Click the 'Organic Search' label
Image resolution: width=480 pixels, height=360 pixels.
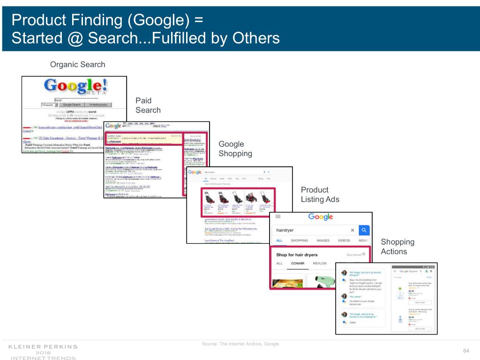(78, 64)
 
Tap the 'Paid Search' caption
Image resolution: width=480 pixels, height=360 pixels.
(148, 105)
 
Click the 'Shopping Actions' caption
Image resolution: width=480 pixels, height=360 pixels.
(397, 247)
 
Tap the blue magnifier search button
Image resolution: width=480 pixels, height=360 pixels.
(364, 230)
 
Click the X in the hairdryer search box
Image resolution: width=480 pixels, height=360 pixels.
(352, 230)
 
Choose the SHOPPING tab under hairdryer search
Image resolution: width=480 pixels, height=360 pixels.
(300, 241)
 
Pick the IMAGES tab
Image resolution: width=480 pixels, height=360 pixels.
(323, 241)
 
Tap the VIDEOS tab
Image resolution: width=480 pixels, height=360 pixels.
(344, 241)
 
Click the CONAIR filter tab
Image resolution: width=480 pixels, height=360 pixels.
(298, 263)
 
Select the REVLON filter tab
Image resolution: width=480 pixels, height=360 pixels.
(320, 263)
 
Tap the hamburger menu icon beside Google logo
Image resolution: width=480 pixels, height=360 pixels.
(278, 217)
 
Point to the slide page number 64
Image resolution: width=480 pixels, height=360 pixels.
(466, 352)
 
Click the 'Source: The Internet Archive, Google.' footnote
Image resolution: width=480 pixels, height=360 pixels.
(240, 345)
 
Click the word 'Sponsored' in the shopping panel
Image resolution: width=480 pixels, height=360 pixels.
(353, 255)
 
